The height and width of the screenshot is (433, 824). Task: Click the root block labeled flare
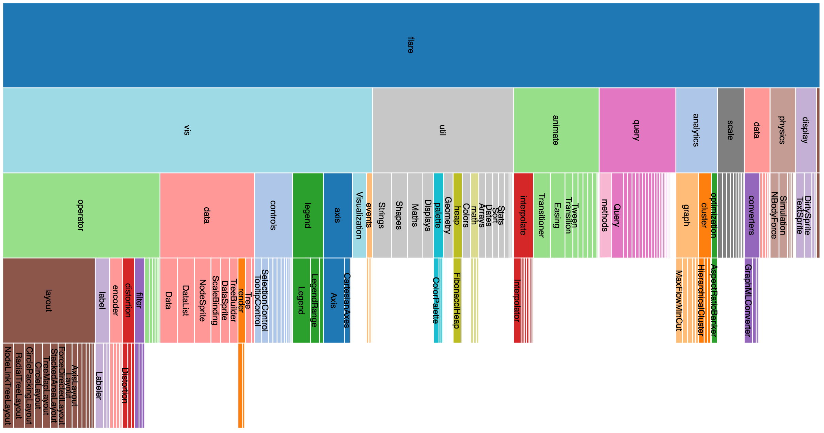point(411,45)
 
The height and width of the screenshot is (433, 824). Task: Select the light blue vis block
point(187,130)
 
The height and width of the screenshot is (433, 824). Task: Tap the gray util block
point(443,130)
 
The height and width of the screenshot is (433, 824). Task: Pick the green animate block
point(556,130)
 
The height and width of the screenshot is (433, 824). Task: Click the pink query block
point(637,130)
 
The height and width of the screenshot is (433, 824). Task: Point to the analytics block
point(696,130)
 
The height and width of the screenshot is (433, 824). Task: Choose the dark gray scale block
point(730,130)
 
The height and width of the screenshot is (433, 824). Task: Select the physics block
point(782,130)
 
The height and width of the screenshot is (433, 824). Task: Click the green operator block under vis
point(81,215)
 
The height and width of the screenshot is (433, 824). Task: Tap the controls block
point(273,215)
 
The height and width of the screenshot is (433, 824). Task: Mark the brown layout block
point(49,300)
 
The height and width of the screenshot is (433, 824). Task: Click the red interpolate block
point(523,215)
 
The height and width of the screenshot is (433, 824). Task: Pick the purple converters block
point(752,215)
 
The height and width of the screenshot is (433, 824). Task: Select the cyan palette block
point(438,215)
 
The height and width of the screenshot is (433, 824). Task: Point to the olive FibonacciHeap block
point(457,300)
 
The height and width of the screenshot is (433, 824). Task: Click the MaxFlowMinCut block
point(679,300)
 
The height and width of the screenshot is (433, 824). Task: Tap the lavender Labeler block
point(99,385)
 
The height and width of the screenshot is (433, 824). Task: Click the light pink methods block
point(605,215)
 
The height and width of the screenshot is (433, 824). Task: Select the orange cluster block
point(704,215)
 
